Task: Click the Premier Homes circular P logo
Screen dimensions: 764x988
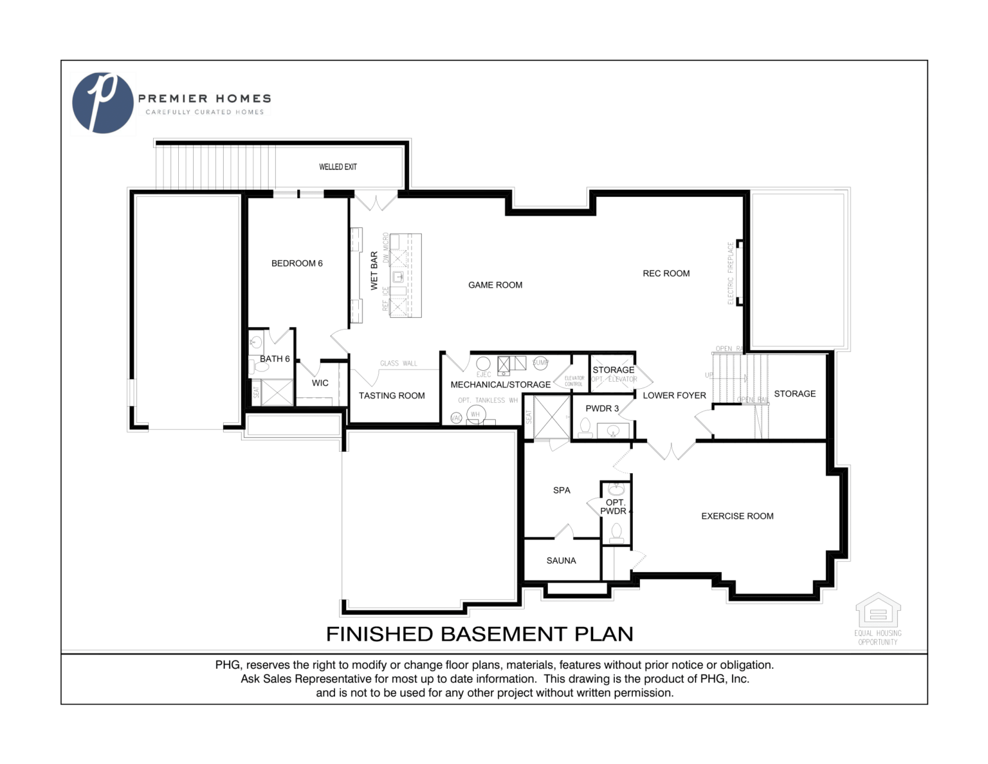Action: [102, 103]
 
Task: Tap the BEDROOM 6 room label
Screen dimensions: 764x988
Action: [297, 263]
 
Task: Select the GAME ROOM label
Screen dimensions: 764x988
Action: [495, 285]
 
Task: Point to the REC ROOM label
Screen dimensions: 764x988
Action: [666, 274]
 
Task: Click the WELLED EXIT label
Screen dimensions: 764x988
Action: [338, 167]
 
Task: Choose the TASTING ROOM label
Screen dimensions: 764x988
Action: [392, 396]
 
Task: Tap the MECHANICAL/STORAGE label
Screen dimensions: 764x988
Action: [500, 385]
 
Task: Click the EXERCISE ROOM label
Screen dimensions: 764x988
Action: [737, 516]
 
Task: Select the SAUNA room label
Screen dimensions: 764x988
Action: [561, 561]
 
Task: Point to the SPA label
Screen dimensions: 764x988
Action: [562, 490]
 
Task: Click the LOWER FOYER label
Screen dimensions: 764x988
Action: [674, 396]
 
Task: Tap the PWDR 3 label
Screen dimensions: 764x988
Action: [602, 409]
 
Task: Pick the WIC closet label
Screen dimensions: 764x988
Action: [320, 383]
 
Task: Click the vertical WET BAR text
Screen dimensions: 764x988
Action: [374, 271]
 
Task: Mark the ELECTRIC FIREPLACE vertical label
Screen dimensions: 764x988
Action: [730, 274]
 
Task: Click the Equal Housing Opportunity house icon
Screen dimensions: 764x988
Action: [877, 610]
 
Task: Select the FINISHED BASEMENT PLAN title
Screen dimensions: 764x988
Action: [479, 635]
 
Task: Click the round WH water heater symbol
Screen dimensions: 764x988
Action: [475, 415]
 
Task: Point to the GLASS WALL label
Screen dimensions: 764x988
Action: [398, 364]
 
